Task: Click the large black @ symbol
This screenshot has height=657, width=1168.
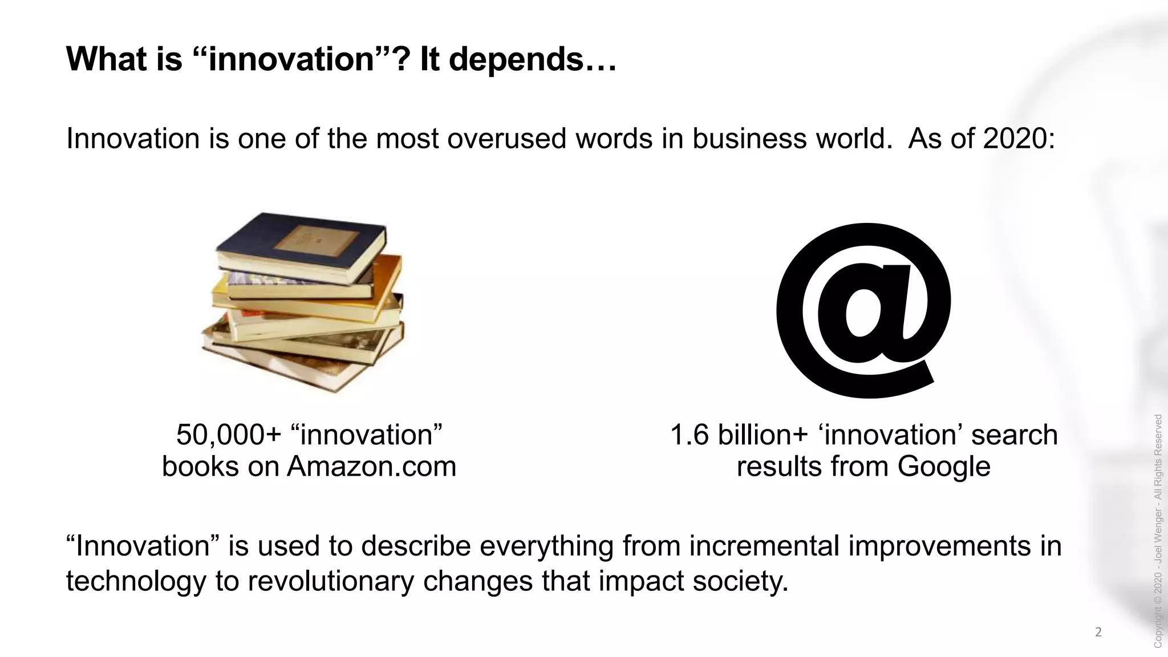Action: [863, 310]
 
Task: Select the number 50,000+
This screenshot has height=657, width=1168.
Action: [229, 435]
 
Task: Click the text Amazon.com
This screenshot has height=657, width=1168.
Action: [371, 467]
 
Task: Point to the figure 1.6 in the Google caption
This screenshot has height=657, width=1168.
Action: [689, 435]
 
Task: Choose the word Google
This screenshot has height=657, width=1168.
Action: [943, 467]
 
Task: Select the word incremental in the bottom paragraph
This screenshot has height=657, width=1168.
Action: [764, 546]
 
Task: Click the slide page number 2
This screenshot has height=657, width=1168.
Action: [1098, 632]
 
